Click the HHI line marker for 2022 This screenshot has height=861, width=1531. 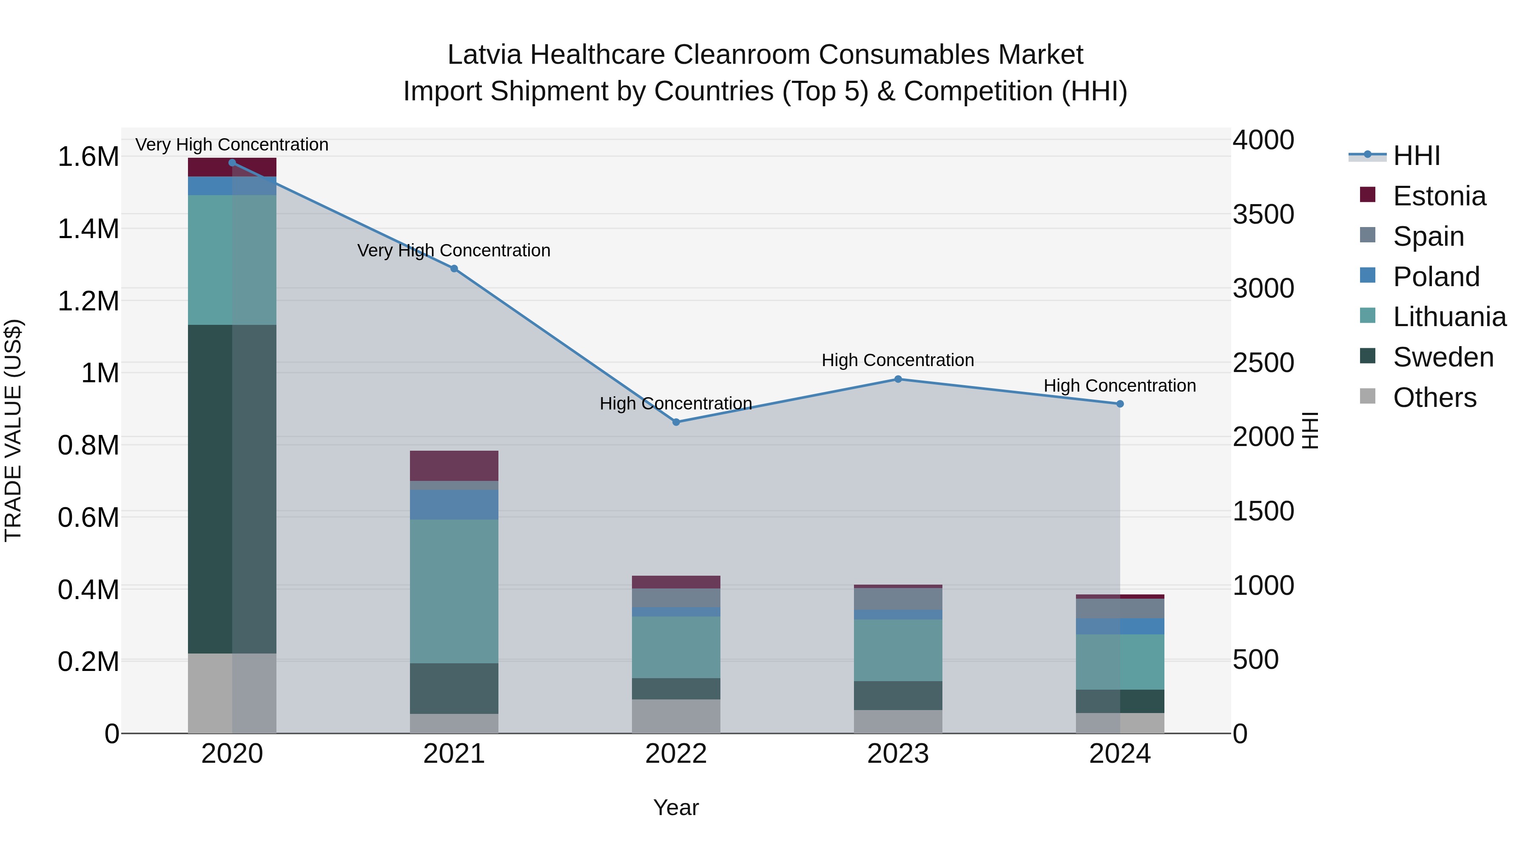pos(676,422)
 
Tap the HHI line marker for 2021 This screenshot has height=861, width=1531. pos(454,269)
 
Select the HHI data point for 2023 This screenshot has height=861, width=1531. pos(898,379)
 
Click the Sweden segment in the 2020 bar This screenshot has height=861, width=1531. pos(232,489)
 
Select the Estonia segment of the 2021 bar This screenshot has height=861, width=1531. pos(454,465)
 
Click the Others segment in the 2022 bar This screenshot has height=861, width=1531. pos(676,716)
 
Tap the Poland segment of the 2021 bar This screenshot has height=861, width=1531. pos(454,504)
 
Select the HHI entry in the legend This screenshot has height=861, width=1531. pos(1416,156)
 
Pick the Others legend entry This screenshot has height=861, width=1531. pos(1434,398)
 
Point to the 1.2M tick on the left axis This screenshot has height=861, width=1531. pos(88,301)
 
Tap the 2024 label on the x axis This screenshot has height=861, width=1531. pos(1120,753)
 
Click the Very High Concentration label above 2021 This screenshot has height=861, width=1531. pos(454,250)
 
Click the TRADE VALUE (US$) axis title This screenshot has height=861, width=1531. pos(13,430)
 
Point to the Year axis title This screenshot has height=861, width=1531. pos(676,807)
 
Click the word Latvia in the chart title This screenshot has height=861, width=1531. pos(484,55)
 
